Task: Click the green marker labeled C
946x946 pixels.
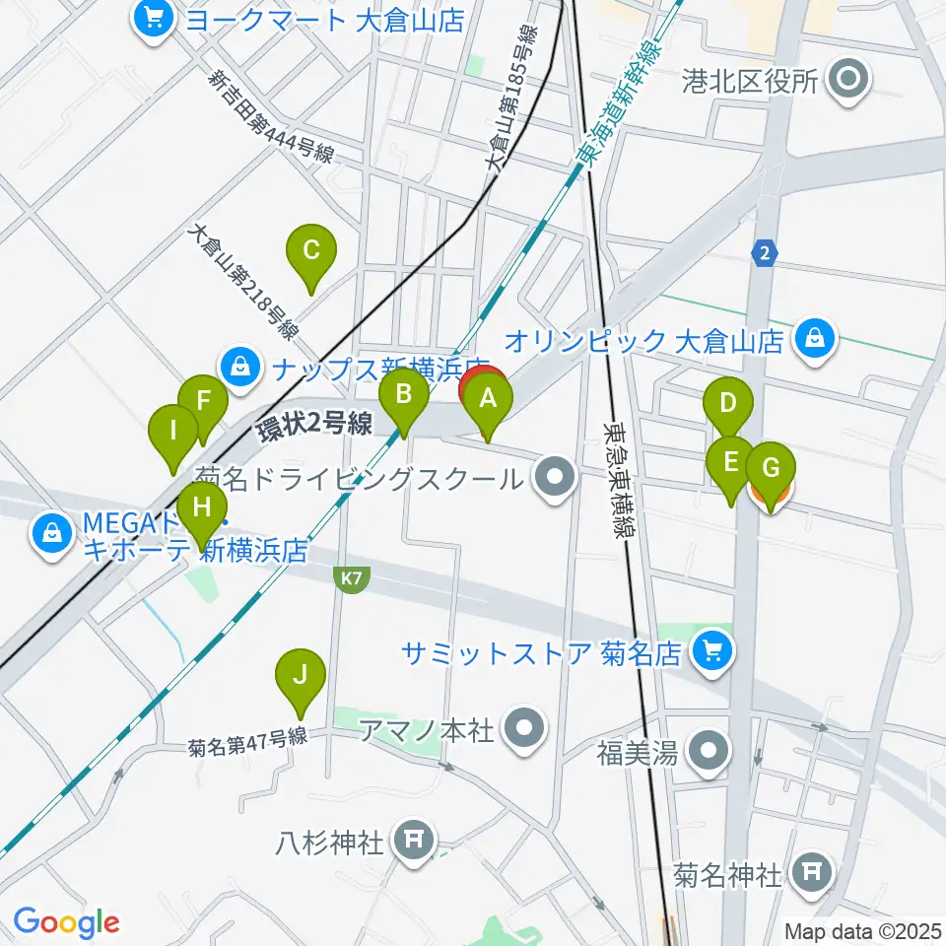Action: [x=310, y=249]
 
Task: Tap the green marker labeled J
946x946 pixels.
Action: [x=301, y=675]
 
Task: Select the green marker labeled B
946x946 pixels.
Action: [x=403, y=395]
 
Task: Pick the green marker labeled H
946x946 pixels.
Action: [x=202, y=507]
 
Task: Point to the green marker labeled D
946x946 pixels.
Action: [x=729, y=402]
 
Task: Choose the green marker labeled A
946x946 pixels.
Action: [x=489, y=399]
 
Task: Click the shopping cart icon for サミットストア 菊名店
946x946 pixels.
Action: [x=712, y=649]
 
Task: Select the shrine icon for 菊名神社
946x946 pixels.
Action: [x=812, y=871]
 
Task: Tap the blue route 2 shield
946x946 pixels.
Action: [x=764, y=253]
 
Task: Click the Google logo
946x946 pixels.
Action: [x=67, y=922]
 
